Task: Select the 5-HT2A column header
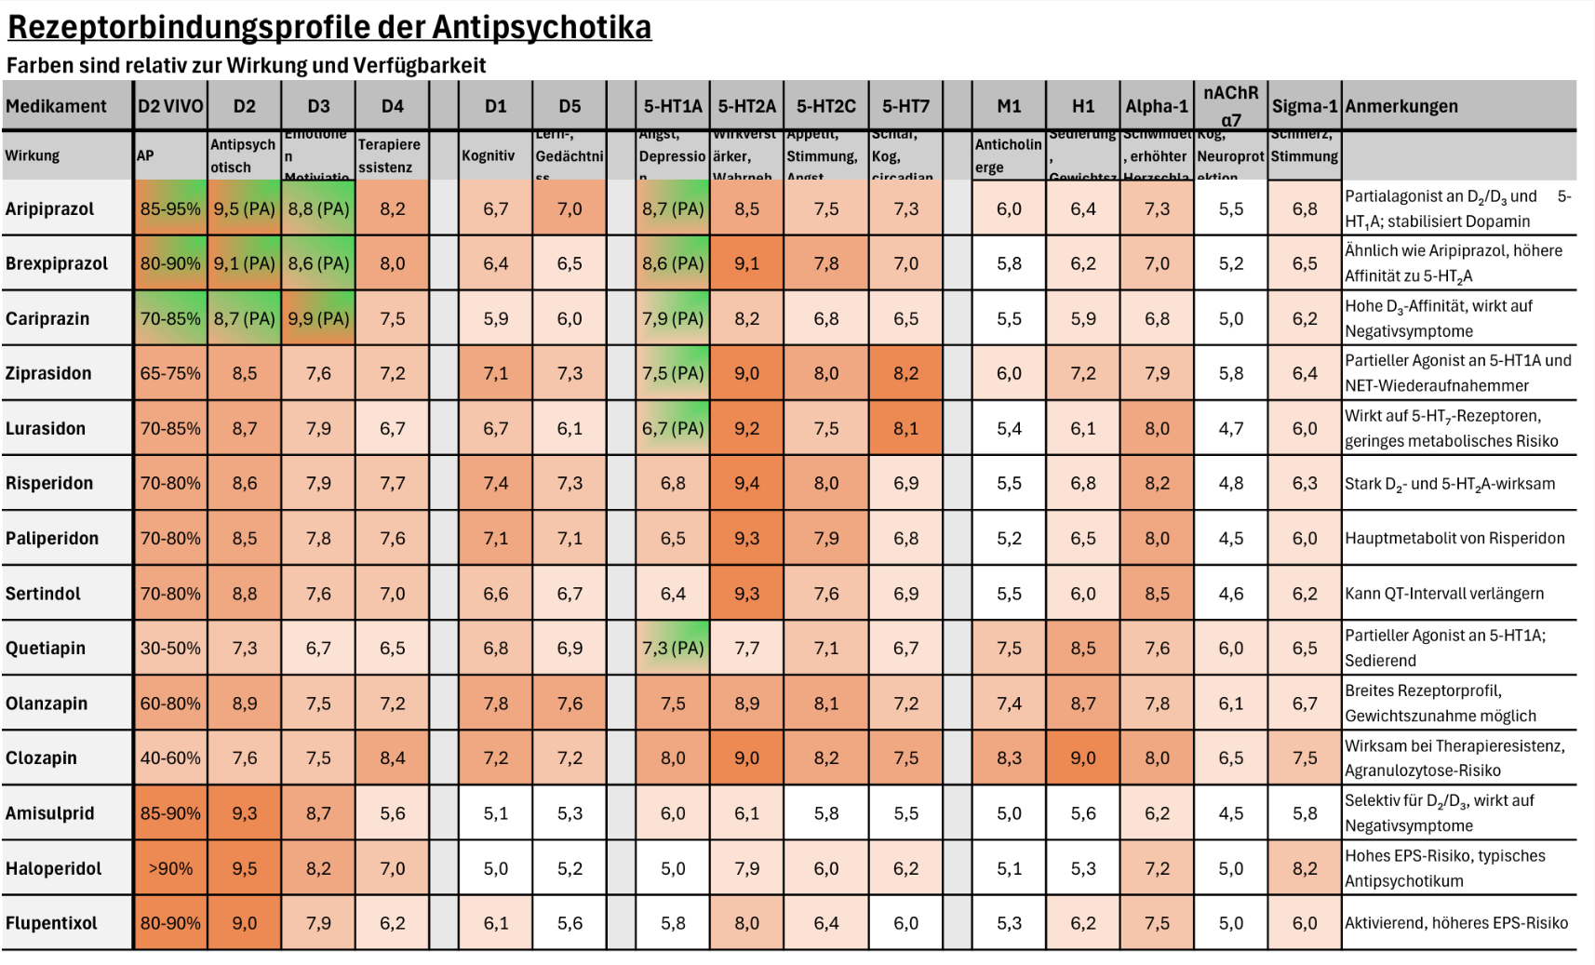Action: pos(746,106)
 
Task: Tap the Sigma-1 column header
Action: pos(1305,106)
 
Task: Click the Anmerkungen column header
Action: pos(1401,106)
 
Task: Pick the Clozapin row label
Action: pos(41,757)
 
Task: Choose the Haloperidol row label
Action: pos(54,868)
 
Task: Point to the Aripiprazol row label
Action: pos(49,208)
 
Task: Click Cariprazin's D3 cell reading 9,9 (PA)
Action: pos(318,318)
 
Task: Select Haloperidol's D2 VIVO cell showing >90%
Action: pos(170,868)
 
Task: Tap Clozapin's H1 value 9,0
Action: pos(1083,757)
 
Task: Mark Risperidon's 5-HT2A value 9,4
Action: pos(746,483)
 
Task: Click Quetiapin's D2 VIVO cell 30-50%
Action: pos(170,648)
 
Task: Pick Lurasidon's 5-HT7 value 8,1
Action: pos(905,428)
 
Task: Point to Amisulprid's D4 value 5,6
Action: pos(393,812)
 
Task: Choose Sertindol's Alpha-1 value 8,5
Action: pos(1157,593)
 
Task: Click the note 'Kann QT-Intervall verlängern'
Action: pos(1444,593)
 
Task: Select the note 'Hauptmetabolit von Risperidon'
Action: pos(1454,538)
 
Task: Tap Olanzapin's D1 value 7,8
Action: pos(496,703)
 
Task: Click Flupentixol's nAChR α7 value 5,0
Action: pos(1231,923)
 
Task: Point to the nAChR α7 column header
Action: pos(1231,105)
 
